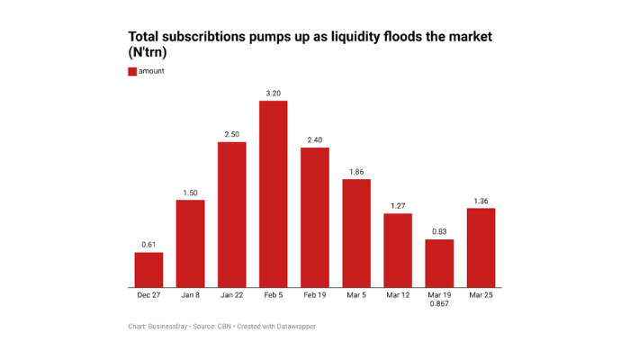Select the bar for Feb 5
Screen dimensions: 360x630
tap(274, 193)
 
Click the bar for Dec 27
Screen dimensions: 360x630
tap(148, 270)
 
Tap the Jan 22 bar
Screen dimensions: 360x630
tap(231, 214)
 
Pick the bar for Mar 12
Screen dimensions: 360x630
tap(398, 250)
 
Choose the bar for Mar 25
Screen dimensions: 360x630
tap(481, 247)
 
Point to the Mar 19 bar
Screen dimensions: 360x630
tap(439, 263)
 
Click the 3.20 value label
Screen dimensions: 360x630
tap(274, 93)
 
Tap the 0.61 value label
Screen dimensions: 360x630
tap(148, 244)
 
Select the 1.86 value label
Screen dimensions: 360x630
tap(356, 171)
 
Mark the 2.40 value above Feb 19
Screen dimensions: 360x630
tap(315, 139)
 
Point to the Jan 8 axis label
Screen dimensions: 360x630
tap(190, 295)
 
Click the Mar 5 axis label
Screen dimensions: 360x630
tap(356, 295)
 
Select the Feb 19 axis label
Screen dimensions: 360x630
tap(315, 295)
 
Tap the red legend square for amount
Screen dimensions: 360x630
tap(132, 71)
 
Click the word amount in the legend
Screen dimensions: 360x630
tap(152, 71)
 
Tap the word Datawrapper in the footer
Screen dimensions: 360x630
tap(294, 326)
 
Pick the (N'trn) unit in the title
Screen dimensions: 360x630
tap(148, 53)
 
